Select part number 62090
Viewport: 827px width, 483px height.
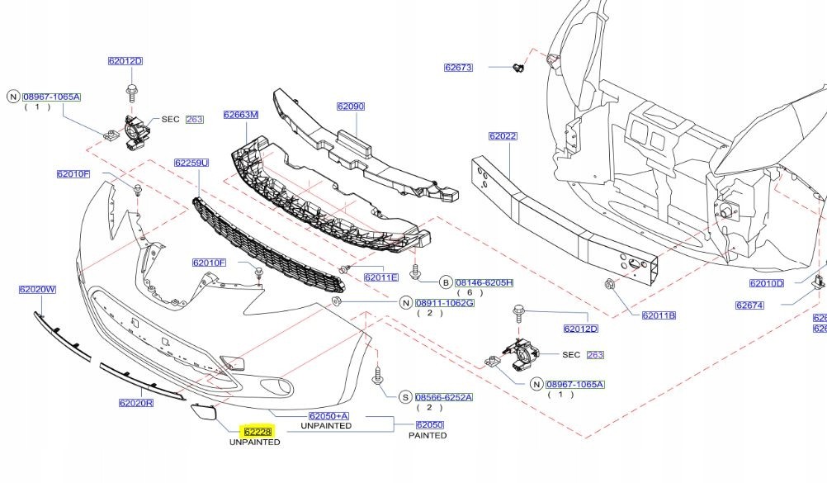(x=350, y=107)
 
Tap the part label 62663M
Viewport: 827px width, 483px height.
(x=240, y=115)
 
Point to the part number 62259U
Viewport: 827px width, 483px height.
(x=191, y=163)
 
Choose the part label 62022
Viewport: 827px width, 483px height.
(x=502, y=136)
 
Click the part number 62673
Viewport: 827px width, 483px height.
(x=458, y=68)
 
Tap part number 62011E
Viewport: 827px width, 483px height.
(x=381, y=277)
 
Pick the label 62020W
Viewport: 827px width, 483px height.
(x=37, y=290)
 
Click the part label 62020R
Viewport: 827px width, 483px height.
(x=136, y=404)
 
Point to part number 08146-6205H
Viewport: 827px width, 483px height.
(x=484, y=282)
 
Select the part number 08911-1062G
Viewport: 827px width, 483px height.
(x=444, y=303)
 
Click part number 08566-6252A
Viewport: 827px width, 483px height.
(x=443, y=397)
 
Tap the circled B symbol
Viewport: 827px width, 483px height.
(x=445, y=282)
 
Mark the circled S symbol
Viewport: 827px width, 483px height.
(x=405, y=397)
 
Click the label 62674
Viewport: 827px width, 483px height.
(x=749, y=305)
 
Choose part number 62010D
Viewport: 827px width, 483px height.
(x=766, y=283)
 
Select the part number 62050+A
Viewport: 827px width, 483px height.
(x=328, y=416)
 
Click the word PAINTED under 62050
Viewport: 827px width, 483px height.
(x=428, y=435)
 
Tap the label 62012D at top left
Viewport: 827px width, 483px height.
(x=125, y=61)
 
